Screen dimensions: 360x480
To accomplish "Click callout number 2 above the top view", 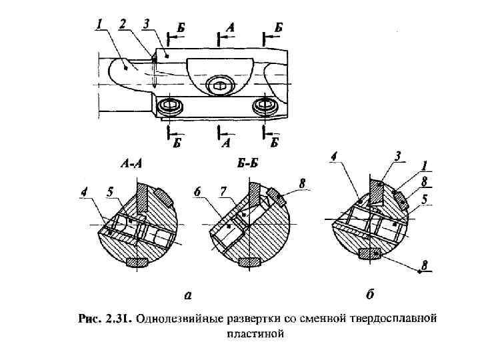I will coord(123,24).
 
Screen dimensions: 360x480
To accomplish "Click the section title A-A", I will coord(133,163).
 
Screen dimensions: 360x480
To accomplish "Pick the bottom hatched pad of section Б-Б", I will coord(250,263).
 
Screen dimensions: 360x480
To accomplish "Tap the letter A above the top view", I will coord(230,28).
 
